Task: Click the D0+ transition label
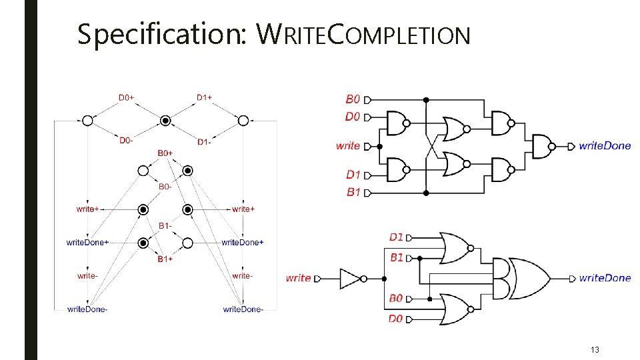tap(127, 97)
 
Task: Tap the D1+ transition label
tap(205, 97)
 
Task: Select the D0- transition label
tap(127, 140)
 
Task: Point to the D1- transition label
tap(205, 142)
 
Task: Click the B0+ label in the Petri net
tap(165, 153)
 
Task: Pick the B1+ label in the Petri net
tap(165, 259)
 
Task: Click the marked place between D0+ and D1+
tap(165, 121)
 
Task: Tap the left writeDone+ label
tap(87, 243)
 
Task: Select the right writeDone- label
tap(243, 309)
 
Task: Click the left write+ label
tap(88, 209)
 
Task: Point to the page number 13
tap(595, 349)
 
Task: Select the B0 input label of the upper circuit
tap(353, 99)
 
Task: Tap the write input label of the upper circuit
tap(348, 145)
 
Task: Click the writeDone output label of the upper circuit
tap(605, 146)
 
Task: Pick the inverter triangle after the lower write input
tap(351, 278)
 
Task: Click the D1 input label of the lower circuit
tap(396, 237)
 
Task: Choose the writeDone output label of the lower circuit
tap(605, 278)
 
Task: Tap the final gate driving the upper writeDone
tap(541, 146)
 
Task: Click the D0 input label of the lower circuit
tap(396, 319)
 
